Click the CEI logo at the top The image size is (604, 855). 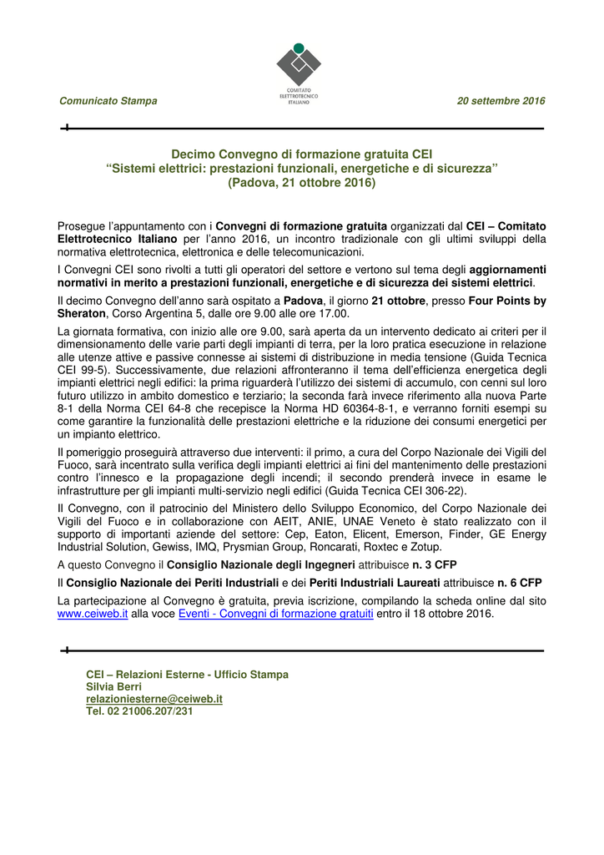coord(299,72)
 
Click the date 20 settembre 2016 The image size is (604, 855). coord(501,101)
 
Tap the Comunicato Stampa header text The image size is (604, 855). coord(108,101)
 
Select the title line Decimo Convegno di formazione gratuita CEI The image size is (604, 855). coord(301,154)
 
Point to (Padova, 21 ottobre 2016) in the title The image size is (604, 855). coord(301,182)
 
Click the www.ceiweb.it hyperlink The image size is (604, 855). coord(92,614)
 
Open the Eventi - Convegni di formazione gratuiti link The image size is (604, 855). coord(276,614)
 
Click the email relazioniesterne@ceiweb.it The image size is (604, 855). coord(154,699)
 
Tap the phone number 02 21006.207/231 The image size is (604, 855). coord(150,711)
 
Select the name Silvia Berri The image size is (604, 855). coord(114,686)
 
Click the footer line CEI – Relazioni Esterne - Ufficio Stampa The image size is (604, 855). coord(187,674)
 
